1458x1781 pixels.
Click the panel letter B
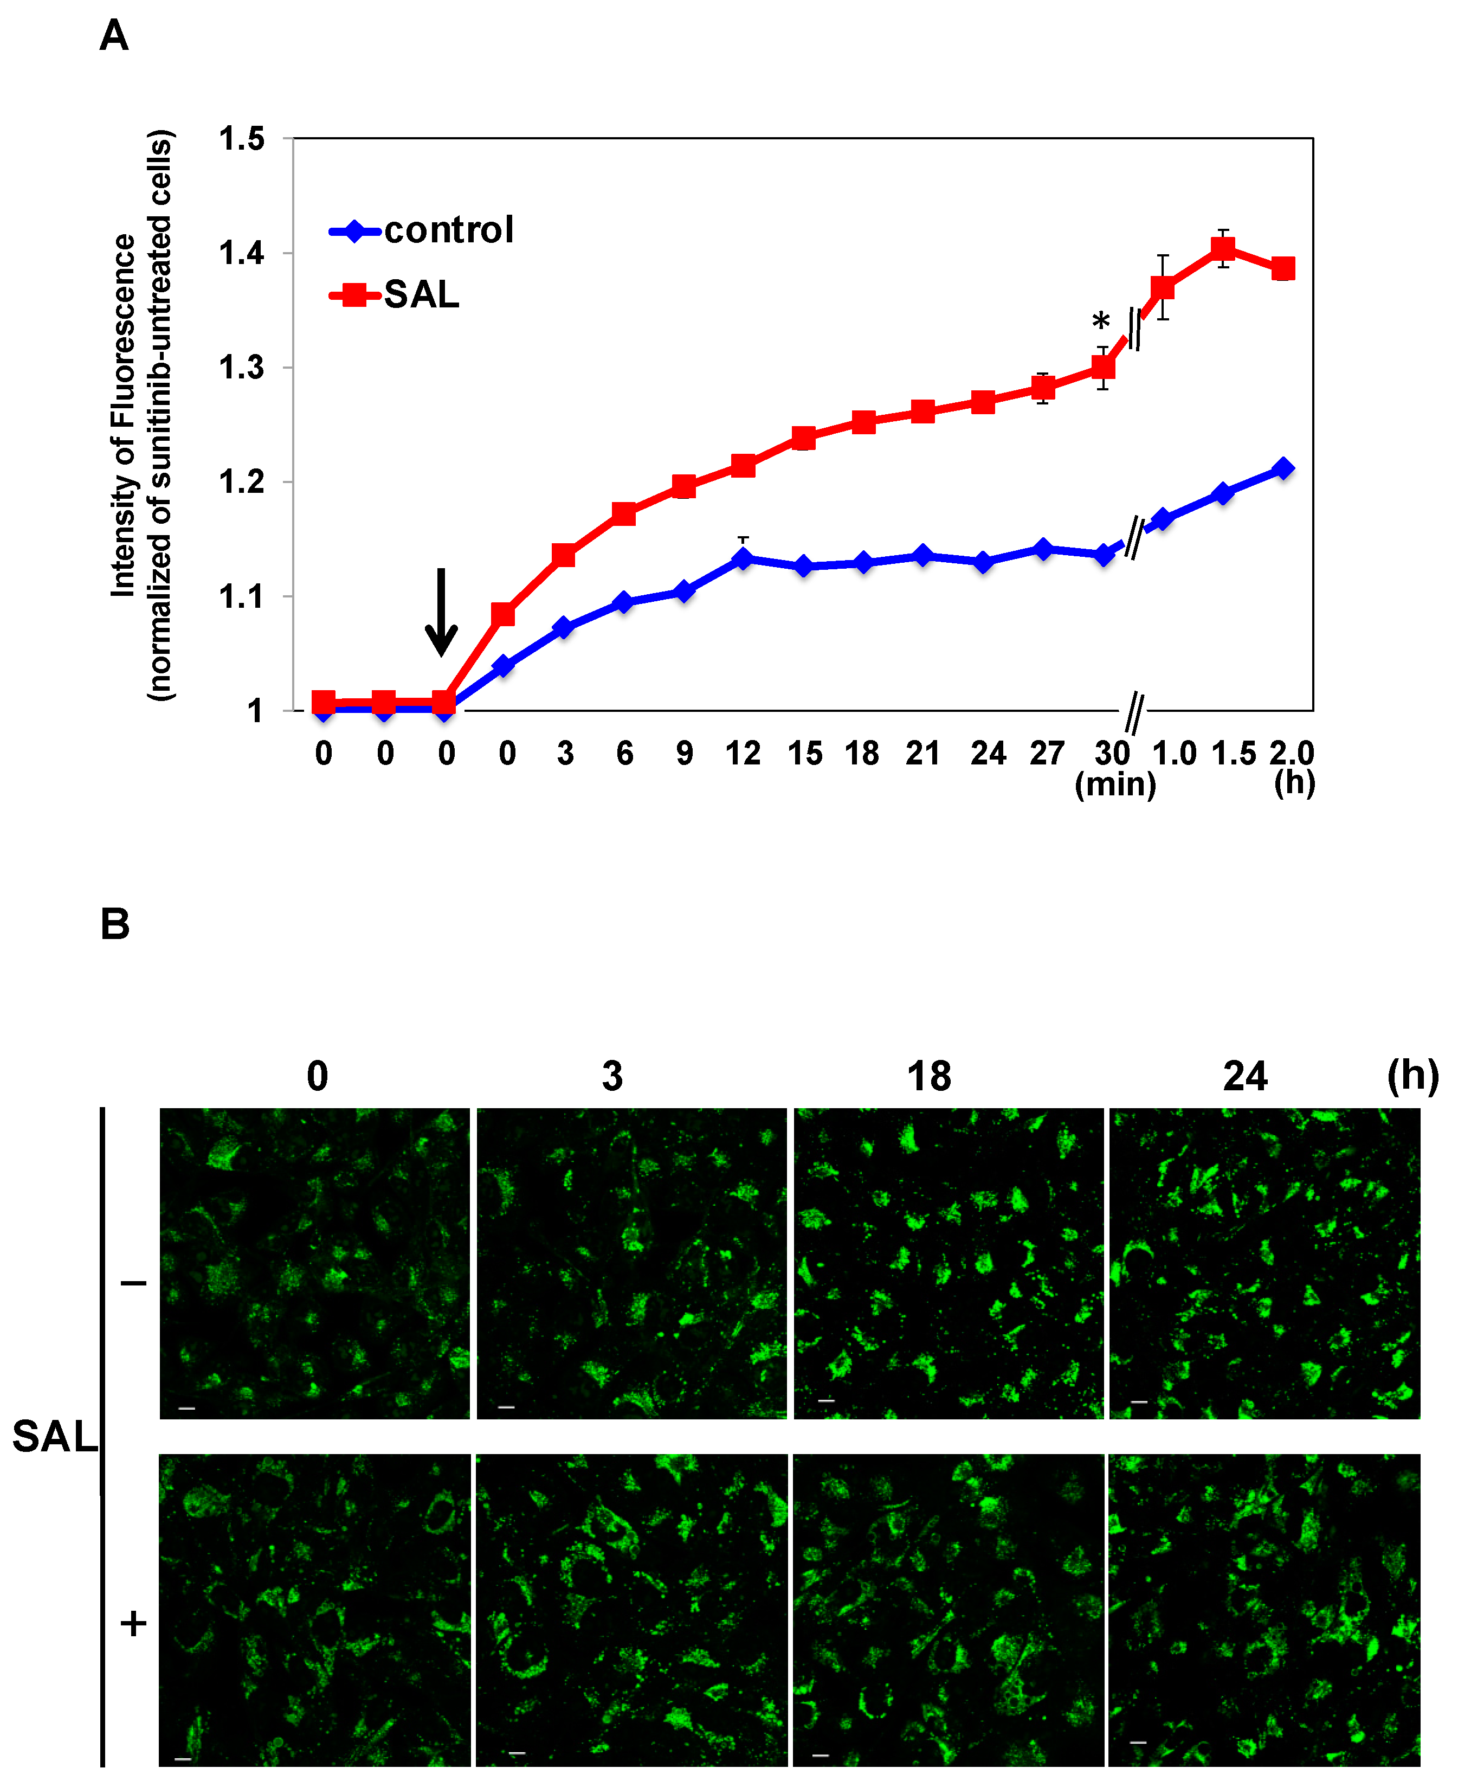point(115,924)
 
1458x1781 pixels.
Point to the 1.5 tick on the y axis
point(242,139)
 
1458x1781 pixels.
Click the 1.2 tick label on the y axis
point(242,482)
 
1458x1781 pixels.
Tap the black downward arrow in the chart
point(441,612)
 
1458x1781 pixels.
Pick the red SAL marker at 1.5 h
point(1223,249)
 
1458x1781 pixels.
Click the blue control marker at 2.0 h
point(1282,469)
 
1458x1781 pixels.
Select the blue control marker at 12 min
point(743,558)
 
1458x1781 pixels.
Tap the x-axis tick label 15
point(804,754)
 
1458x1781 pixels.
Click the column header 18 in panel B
point(929,1077)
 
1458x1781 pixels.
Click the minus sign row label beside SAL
point(133,1283)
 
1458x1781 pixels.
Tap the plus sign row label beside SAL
point(133,1624)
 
